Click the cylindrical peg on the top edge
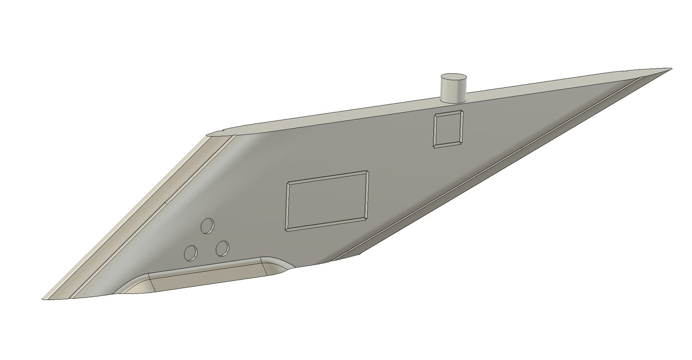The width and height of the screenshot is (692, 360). tap(453, 91)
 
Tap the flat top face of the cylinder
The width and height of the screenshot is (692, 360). tap(453, 78)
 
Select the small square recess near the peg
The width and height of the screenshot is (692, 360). tap(448, 129)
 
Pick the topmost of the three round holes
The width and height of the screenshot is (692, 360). tap(207, 225)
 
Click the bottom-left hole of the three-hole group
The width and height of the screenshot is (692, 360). tap(191, 252)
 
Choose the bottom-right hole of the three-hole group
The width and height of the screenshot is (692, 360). tap(222, 248)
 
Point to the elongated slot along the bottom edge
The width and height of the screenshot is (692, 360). tap(211, 280)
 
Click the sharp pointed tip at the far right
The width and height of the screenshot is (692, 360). tap(669, 69)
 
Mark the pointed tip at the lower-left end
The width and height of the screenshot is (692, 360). tap(44, 297)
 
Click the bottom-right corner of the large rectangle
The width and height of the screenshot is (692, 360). tap(367, 219)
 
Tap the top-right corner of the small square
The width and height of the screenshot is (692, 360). tap(462, 112)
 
